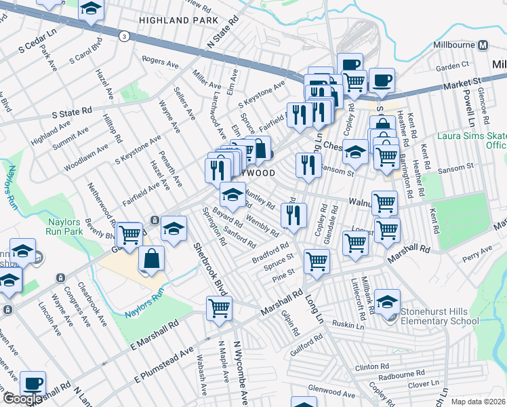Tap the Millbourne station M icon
tap(483, 45)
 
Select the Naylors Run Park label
tap(65, 225)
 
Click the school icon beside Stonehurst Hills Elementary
tap(388, 303)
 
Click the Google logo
tap(22, 400)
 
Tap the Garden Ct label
tap(453, 66)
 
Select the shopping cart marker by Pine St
tap(317, 261)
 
